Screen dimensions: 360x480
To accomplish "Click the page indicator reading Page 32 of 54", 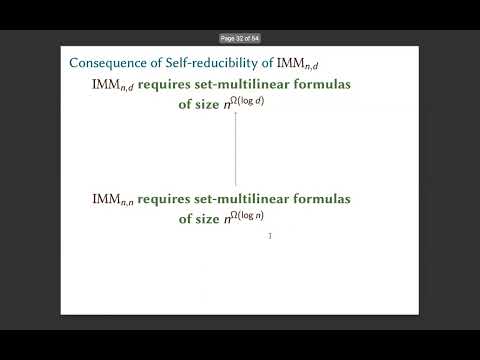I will tap(240, 37).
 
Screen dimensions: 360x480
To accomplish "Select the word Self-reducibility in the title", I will tap(198, 62).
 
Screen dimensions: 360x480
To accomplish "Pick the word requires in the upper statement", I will tap(164, 85).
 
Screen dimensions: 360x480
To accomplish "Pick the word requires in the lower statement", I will tap(164, 198).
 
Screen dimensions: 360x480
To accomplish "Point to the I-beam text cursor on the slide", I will tap(270, 236).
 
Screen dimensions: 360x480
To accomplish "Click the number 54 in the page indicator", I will tap(255, 37).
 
